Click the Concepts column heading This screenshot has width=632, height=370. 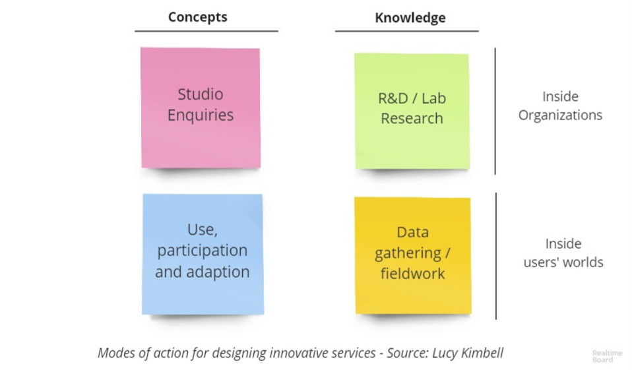(x=197, y=17)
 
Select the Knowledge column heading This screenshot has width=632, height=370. (x=410, y=18)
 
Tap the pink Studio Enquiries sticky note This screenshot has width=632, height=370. (x=201, y=108)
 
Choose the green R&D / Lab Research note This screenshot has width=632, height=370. (x=412, y=111)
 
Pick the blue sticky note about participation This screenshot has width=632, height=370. (x=203, y=255)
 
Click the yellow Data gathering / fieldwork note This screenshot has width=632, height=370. (x=413, y=255)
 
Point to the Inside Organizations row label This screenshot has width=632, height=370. (x=560, y=106)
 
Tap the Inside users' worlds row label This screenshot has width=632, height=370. (x=563, y=253)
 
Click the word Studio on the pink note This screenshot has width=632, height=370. (x=201, y=94)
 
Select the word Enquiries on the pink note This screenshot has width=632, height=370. (x=201, y=115)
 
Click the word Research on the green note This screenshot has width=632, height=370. (x=412, y=119)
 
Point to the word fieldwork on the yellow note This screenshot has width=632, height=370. (x=413, y=274)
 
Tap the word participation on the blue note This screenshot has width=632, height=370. (x=203, y=251)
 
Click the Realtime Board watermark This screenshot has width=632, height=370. (x=607, y=356)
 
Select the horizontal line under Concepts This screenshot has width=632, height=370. (x=206, y=31)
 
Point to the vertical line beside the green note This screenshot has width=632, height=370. (x=495, y=111)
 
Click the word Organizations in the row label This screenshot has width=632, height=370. (x=560, y=115)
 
